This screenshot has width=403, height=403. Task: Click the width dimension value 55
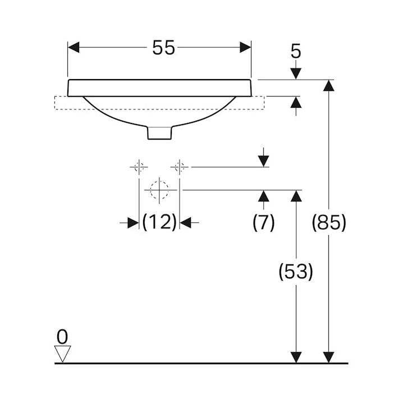163,48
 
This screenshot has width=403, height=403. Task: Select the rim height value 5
296,51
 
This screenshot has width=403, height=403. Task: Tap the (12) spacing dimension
159,222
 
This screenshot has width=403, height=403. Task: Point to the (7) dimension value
264,222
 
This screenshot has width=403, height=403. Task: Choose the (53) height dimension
296,272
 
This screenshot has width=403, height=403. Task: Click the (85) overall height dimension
329,222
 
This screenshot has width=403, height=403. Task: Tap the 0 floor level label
62,337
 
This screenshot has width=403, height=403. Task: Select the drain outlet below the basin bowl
159,133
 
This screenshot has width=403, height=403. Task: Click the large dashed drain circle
159,190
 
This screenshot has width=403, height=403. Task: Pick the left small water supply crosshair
139,167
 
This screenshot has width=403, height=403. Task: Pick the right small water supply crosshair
180,167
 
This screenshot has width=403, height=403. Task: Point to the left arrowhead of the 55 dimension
74,48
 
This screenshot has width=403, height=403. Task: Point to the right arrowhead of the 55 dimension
245,48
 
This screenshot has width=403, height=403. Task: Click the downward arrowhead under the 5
296,74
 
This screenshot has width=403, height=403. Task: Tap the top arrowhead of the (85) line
329,85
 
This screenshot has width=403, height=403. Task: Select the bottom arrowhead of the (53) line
296,357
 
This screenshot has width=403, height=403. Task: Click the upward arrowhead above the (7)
264,196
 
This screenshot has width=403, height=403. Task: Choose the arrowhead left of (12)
133,223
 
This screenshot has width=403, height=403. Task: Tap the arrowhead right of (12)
186,223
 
